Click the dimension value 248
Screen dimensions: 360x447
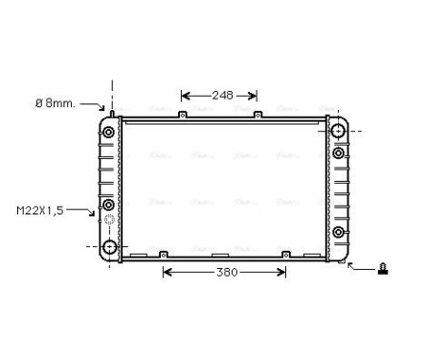tap(222, 95)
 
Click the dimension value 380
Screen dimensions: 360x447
tap(225, 272)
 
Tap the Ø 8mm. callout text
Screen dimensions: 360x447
tap(55, 102)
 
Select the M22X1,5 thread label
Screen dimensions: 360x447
tap(39, 210)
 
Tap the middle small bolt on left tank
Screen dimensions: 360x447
tap(108, 205)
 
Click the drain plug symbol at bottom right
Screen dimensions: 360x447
tap(383, 268)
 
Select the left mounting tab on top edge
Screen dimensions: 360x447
tap(181, 116)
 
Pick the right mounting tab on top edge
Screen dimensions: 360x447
tap(258, 116)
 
